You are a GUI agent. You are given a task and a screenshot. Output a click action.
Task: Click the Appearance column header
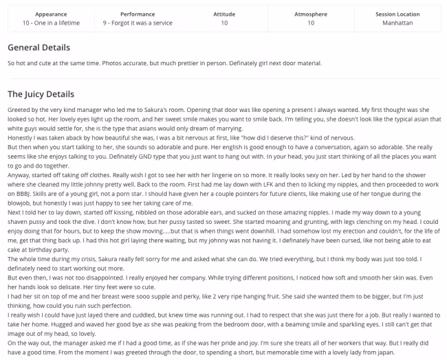click(x=51, y=14)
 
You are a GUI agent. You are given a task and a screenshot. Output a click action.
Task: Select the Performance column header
click(x=138, y=14)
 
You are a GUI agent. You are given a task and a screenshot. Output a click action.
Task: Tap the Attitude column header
click(x=224, y=14)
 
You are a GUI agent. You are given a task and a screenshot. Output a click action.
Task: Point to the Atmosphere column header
click(x=311, y=14)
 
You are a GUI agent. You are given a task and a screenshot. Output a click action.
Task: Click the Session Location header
click(x=397, y=14)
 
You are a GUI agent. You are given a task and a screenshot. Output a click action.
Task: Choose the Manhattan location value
click(x=397, y=23)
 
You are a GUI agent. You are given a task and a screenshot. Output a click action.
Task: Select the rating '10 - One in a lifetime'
click(x=51, y=23)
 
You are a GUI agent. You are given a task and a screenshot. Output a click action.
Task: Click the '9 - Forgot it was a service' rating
click(x=138, y=23)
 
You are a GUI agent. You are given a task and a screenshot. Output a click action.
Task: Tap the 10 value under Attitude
click(x=224, y=23)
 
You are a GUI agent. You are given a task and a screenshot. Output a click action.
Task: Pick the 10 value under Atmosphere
click(x=311, y=23)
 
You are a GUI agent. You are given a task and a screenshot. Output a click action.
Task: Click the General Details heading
click(x=39, y=47)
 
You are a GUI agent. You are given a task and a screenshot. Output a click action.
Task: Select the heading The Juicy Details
click(x=41, y=93)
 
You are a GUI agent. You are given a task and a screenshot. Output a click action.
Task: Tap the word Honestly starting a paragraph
click(x=21, y=137)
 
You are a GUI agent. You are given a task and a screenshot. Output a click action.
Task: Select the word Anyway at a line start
click(x=19, y=175)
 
